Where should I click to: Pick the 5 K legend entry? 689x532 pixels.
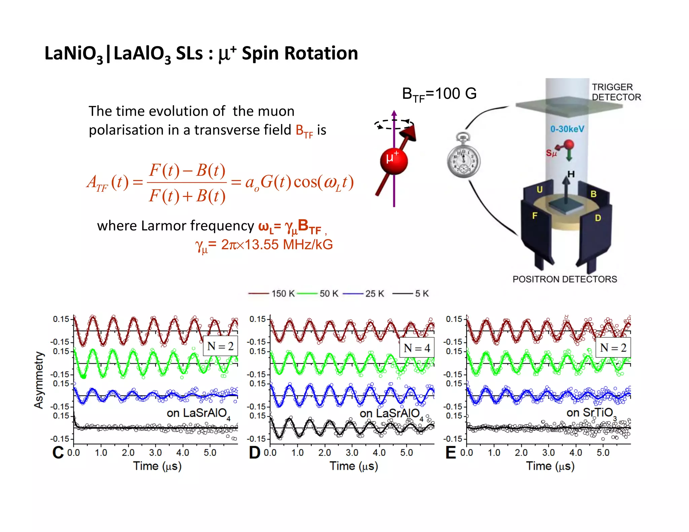411,294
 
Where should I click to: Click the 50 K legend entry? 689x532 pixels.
318,294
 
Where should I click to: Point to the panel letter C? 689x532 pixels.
58,453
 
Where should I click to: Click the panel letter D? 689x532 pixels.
255,453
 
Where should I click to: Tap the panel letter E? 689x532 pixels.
451,453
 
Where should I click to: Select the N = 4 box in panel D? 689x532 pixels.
417,348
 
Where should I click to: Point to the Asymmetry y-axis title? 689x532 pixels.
39,380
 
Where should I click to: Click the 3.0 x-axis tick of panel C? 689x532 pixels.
155,453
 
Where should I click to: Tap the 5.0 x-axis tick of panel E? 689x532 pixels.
603,453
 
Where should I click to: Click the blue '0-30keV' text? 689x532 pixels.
567,129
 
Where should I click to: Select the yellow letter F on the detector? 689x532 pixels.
535,216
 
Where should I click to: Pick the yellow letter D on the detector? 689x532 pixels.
597,218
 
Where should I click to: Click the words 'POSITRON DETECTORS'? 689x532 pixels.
565,279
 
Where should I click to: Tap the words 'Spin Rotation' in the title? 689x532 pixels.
300,53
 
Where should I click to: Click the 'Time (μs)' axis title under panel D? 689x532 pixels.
354,466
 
